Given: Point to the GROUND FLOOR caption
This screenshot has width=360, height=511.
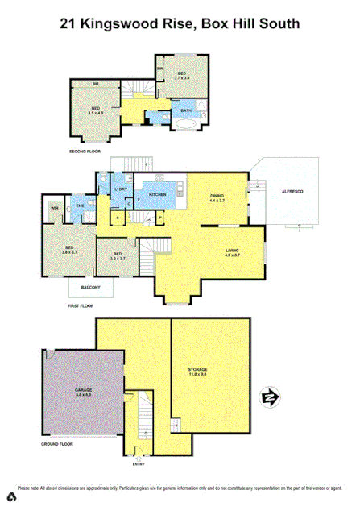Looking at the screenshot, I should pyautogui.click(x=57, y=443).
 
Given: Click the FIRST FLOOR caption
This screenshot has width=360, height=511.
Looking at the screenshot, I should pyautogui.click(x=82, y=307).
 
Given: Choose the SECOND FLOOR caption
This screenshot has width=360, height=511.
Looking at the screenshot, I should pyautogui.click(x=86, y=152).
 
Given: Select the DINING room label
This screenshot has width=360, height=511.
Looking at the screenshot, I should pyautogui.click(x=217, y=195).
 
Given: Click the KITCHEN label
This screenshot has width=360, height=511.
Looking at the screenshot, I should pyautogui.click(x=158, y=195).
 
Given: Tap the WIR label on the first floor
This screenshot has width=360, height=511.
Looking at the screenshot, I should pyautogui.click(x=56, y=208).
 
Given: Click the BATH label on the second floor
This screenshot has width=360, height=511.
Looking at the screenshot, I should pyautogui.click(x=185, y=110).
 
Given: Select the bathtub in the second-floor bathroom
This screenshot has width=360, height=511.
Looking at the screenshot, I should pyautogui.click(x=184, y=125).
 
